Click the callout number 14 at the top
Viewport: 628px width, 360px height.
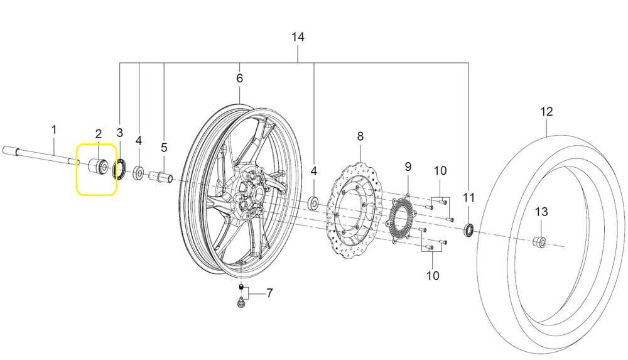coord(298,38)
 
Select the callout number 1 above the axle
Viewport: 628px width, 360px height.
coord(54,130)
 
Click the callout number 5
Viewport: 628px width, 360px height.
coord(164,148)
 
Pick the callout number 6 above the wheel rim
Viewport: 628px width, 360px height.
coord(239,79)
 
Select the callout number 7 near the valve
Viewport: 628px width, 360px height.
coord(269,293)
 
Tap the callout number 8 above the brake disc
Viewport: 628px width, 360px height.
coord(360,136)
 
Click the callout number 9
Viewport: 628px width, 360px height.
coord(408,166)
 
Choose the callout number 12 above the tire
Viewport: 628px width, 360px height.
coord(546,112)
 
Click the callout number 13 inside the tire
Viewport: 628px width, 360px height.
coord(542,212)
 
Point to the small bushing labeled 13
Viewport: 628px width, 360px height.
coord(539,242)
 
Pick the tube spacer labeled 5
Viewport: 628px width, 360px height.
coord(160,176)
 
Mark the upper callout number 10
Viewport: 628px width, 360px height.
coord(440,170)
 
